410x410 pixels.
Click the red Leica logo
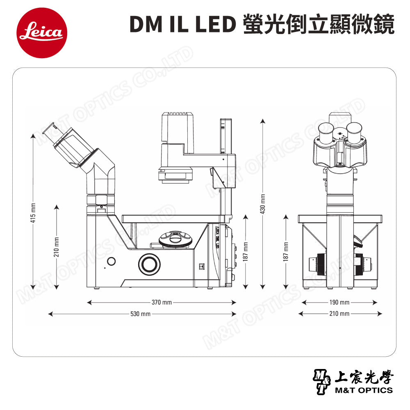pyautogui.click(x=41, y=32)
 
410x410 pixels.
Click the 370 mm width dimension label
pyautogui.click(x=162, y=303)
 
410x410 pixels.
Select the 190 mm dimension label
pyautogui.click(x=339, y=303)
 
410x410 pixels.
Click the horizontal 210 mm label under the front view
pyautogui.click(x=339, y=314)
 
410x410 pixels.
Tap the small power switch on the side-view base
pyautogui.click(x=201, y=265)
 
